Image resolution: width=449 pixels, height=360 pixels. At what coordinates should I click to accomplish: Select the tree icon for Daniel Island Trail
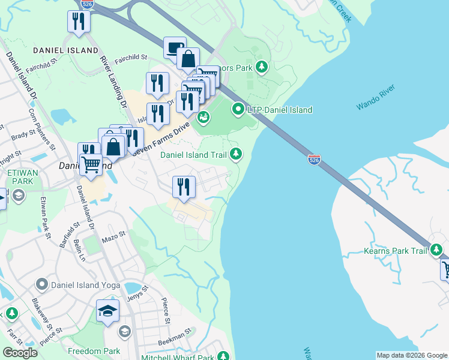pyautogui.click(x=237, y=155)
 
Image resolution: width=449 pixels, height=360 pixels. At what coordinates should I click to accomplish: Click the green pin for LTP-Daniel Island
pyautogui.click(x=238, y=110)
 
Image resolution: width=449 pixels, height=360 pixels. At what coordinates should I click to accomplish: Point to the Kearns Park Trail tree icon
pyautogui.click(x=437, y=250)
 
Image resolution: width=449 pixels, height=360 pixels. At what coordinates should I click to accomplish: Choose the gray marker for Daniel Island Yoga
pyautogui.click(x=41, y=283)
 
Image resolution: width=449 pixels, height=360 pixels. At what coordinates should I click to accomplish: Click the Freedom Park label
pyautogui.click(x=94, y=351)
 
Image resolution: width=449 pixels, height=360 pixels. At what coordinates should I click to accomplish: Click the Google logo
pyautogui.click(x=20, y=352)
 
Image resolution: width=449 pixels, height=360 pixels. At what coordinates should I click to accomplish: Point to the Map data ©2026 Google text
pyautogui.click(x=411, y=355)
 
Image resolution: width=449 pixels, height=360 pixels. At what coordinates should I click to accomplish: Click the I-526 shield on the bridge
pyautogui.click(x=314, y=160)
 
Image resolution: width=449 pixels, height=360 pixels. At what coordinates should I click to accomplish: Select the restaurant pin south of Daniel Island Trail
pyautogui.click(x=184, y=187)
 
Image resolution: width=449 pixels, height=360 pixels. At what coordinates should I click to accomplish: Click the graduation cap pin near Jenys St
pyautogui.click(x=107, y=311)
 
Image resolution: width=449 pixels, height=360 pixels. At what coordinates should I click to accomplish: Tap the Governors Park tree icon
pyautogui.click(x=261, y=67)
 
